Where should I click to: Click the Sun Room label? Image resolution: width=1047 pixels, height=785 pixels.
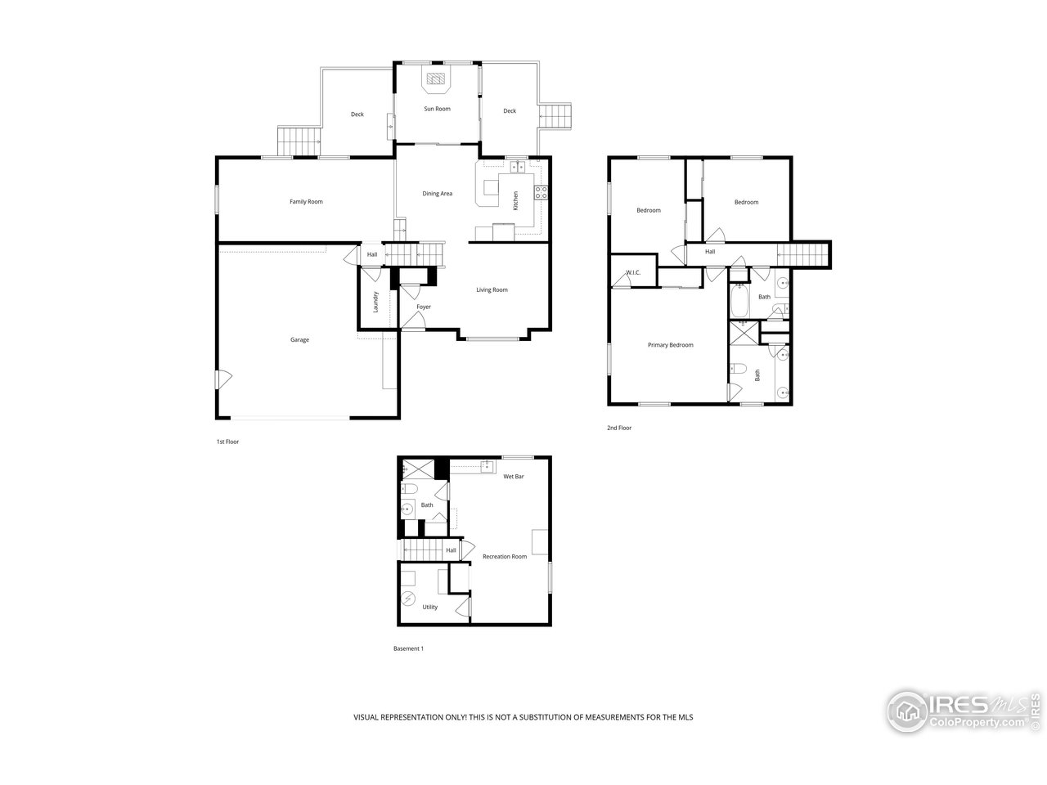437,109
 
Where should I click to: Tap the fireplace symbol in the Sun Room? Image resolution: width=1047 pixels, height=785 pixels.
436,79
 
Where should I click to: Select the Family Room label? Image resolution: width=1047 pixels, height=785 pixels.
306,201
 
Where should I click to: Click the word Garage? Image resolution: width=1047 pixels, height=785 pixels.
299,339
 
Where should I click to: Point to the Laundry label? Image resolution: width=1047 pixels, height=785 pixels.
375,302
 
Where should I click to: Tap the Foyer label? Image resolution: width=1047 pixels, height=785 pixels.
423,307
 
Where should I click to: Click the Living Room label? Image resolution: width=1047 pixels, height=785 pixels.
492,289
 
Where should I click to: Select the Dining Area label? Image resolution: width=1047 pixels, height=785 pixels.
437,194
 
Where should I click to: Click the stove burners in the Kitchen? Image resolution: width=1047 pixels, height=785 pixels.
541,193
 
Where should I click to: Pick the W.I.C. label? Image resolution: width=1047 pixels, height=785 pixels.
633,272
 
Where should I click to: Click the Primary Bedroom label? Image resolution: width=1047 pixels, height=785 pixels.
670,345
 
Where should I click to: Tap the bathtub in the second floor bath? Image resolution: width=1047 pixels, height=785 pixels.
739,300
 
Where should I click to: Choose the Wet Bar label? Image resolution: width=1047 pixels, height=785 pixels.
514,476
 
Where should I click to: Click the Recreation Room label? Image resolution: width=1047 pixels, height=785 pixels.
505,556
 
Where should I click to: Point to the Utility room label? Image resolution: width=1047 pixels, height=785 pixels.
429,607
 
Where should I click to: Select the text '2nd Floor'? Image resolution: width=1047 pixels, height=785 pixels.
619,428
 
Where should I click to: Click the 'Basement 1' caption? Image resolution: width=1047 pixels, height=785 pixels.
408,648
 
